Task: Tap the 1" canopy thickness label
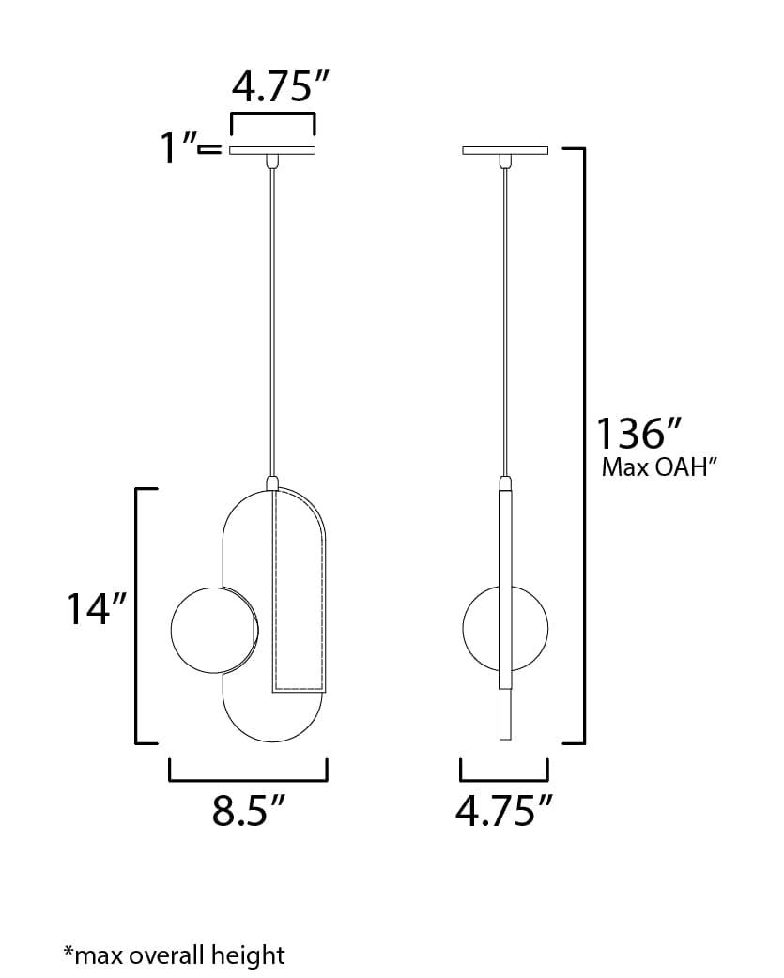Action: tap(178, 148)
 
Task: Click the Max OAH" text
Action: tap(659, 467)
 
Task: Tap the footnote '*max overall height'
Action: tap(174, 955)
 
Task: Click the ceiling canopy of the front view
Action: tap(272, 150)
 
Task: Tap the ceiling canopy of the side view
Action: tap(506, 150)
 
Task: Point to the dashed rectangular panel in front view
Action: tap(299, 591)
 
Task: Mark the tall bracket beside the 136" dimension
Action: tap(583, 446)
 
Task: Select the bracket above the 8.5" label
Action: tap(248, 776)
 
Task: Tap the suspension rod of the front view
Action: tap(272, 319)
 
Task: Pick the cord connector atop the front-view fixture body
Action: tap(272, 483)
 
